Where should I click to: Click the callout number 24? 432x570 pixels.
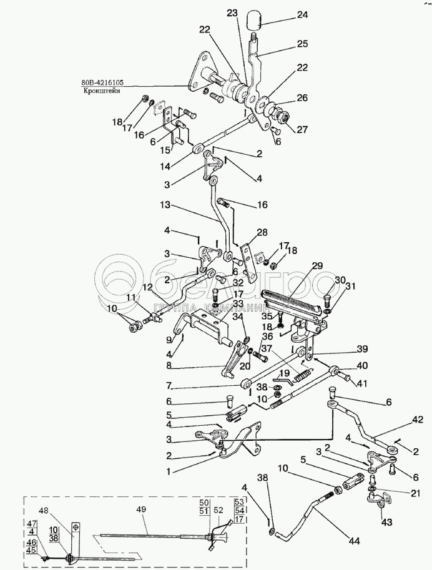302,15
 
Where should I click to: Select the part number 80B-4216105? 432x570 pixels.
102,82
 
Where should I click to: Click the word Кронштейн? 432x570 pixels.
100,91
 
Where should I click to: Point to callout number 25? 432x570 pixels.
302,44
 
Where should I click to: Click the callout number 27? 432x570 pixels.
302,129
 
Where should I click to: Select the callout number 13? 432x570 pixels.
165,205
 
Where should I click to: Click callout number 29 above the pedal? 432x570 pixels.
317,266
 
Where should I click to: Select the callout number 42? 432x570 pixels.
418,420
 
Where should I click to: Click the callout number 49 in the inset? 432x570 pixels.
141,509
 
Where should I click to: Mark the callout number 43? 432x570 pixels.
386,523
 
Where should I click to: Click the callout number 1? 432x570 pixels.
168,471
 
